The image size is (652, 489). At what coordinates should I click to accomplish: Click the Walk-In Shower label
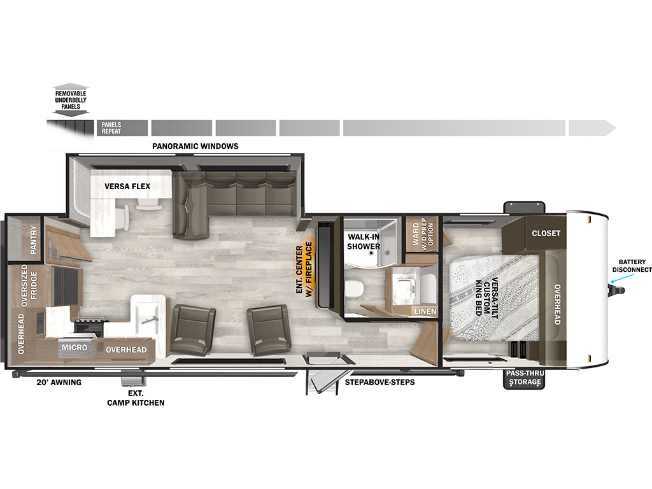click(x=364, y=241)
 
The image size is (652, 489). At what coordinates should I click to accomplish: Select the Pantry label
click(x=33, y=240)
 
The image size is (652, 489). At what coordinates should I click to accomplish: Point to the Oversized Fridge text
click(x=29, y=286)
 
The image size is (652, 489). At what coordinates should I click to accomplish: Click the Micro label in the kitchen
click(x=74, y=347)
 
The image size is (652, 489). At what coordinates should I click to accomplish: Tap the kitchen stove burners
click(x=89, y=324)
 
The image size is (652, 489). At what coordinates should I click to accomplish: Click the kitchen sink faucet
click(x=150, y=320)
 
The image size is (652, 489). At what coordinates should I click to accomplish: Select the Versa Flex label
click(x=127, y=187)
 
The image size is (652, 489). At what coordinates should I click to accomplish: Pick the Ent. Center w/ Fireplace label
click(x=304, y=269)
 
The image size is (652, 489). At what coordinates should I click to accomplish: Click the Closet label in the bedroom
click(x=546, y=233)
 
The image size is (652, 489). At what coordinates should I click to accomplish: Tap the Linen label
click(x=425, y=311)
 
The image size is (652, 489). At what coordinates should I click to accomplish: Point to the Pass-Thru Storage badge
click(x=524, y=378)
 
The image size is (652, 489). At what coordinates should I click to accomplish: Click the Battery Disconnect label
click(x=632, y=266)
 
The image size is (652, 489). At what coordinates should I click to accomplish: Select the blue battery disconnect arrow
click(x=622, y=278)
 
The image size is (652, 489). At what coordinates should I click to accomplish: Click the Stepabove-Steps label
click(x=379, y=382)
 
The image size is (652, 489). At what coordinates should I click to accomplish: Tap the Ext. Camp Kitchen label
click(x=136, y=398)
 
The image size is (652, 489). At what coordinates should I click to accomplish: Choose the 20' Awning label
click(x=59, y=383)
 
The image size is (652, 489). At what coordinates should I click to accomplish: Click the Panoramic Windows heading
click(x=195, y=146)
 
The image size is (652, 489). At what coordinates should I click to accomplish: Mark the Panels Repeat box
click(x=122, y=128)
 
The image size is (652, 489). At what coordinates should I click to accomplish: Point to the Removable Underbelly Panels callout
click(x=71, y=100)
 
